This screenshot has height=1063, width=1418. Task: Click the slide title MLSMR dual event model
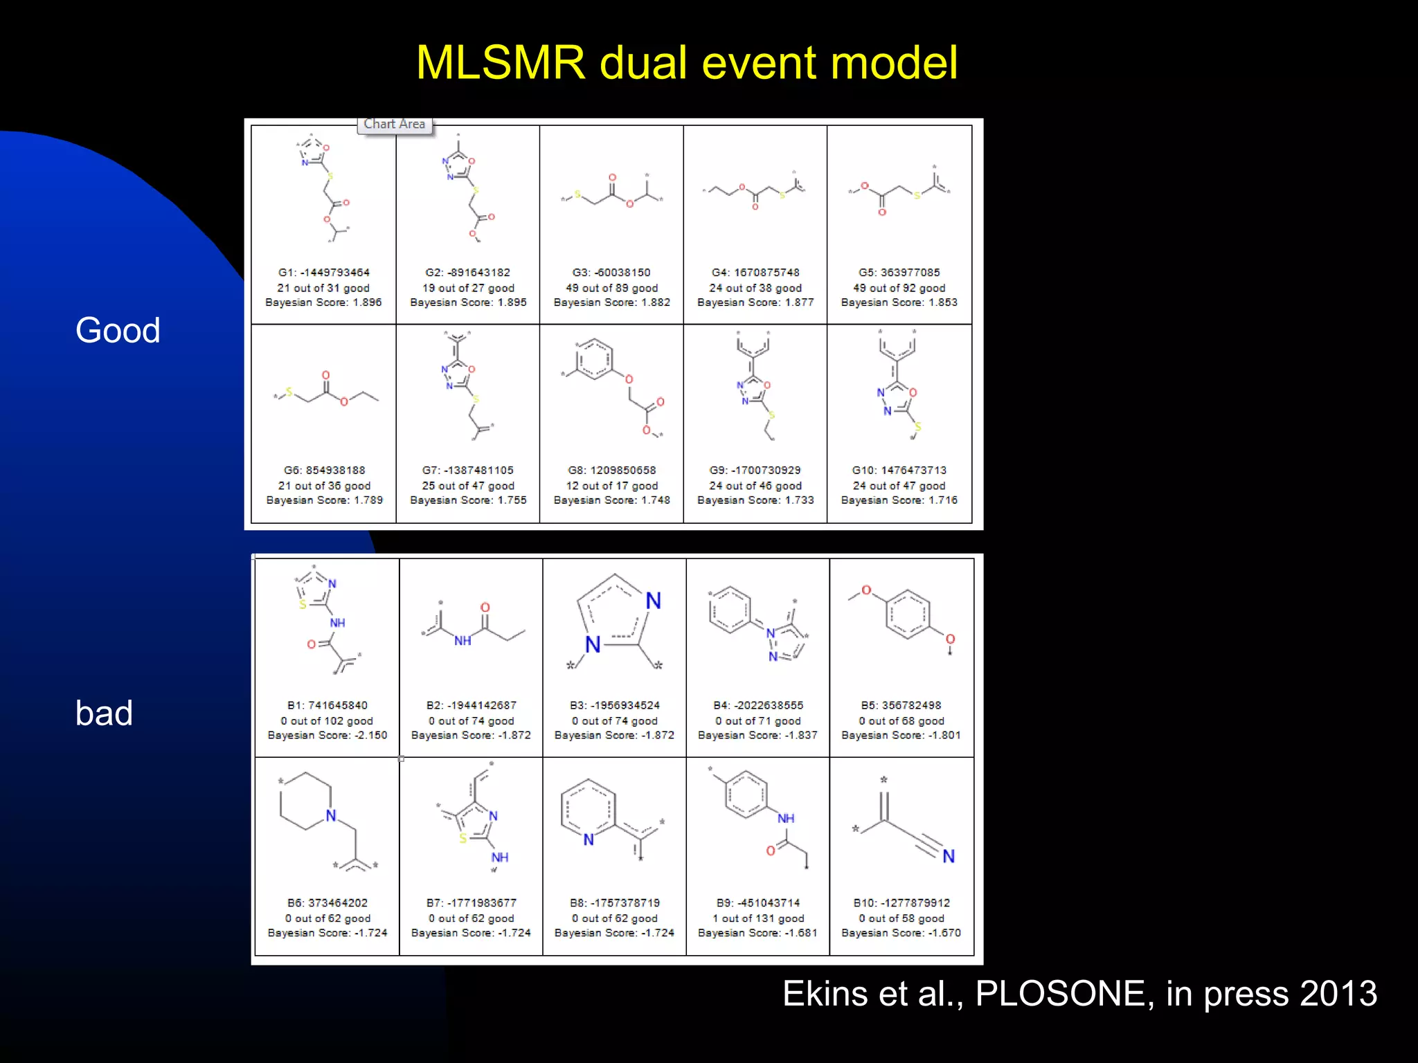pos(686,63)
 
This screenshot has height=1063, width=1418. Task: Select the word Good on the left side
pos(118,330)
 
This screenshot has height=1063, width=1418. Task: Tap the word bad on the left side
pos(104,713)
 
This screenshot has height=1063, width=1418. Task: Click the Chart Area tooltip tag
pos(395,125)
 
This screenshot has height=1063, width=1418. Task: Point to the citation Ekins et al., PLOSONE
pos(1079,994)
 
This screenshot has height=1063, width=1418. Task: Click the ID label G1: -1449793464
pos(324,273)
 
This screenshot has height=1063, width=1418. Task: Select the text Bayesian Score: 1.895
pos(468,302)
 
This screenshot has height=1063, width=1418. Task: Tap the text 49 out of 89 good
pos(611,288)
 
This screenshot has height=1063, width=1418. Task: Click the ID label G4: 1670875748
pos(755,273)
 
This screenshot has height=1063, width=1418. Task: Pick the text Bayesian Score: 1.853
pos(899,302)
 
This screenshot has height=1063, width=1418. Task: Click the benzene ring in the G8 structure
pos(594,359)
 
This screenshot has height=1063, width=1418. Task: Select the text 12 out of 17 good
pos(611,486)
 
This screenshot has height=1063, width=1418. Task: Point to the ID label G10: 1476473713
pos(899,471)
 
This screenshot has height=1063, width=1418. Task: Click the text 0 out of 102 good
pos(327,720)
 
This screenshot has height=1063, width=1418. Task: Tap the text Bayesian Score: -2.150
pos(327,735)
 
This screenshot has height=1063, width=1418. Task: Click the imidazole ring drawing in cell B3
pos(615,616)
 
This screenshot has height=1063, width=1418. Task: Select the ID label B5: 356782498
pos(901,705)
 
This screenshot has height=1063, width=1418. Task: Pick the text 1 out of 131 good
pos(757,918)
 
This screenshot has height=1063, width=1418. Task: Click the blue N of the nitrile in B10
pos(948,857)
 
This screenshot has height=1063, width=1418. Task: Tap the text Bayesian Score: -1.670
pos(901,933)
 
